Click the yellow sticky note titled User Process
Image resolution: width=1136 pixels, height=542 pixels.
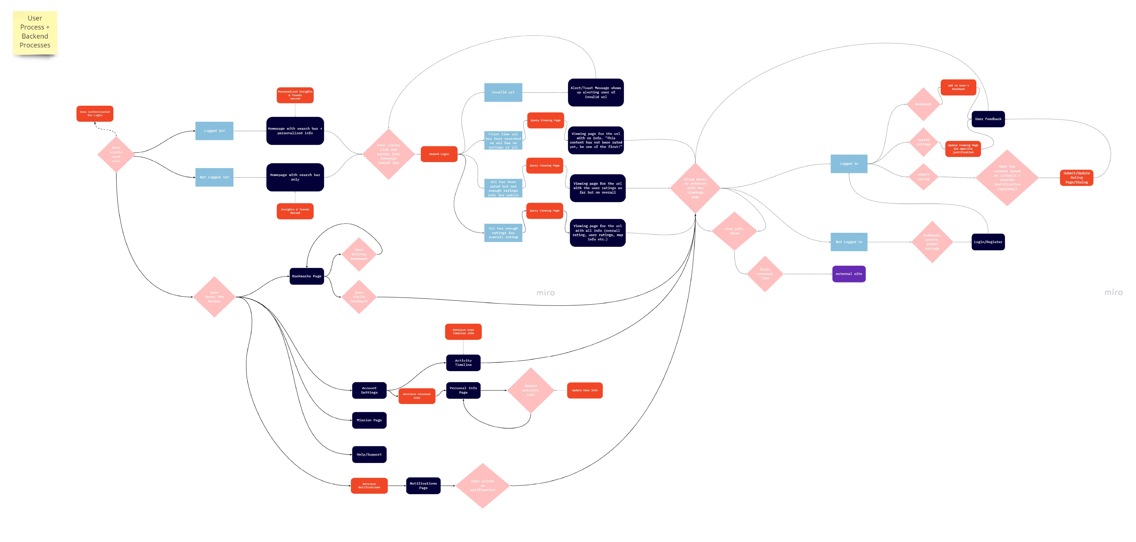point(35,32)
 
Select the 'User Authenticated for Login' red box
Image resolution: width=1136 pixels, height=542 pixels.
point(95,114)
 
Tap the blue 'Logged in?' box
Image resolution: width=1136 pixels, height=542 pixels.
point(214,131)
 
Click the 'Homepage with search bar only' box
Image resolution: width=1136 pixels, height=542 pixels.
point(295,177)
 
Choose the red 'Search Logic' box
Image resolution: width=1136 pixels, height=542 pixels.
point(439,154)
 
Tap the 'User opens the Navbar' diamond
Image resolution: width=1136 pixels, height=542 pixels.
point(214,297)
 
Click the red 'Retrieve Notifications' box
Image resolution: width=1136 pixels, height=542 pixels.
point(369,486)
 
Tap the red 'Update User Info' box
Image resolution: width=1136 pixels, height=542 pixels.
point(585,390)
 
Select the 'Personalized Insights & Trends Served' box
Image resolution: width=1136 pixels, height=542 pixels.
point(295,95)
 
